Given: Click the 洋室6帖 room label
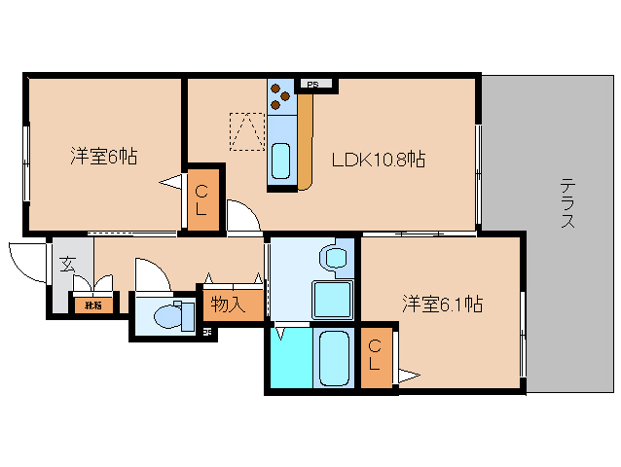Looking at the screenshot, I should point(102,155).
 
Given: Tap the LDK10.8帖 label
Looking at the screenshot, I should point(379,159).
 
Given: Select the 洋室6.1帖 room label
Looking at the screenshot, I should point(443,305).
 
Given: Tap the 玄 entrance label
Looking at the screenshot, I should point(67,263).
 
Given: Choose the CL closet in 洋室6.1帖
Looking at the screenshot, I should point(375,357).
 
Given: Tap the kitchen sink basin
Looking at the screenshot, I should point(281,158).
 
